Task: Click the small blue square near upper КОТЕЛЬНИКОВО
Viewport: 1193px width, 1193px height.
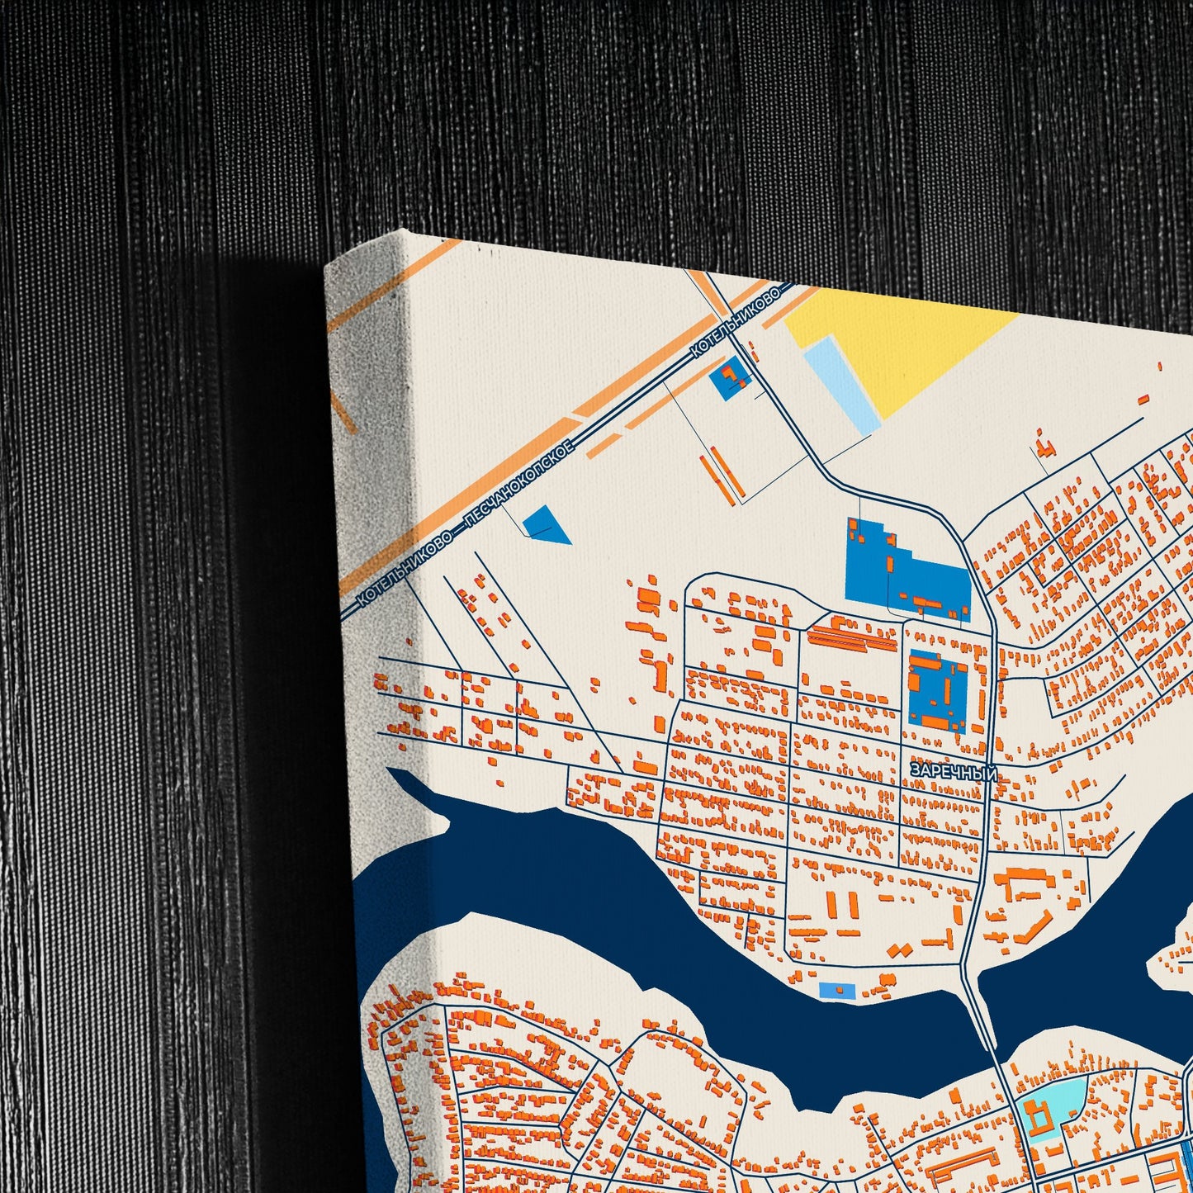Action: [x=730, y=378]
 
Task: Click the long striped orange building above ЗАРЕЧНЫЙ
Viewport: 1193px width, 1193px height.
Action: [x=851, y=636]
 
